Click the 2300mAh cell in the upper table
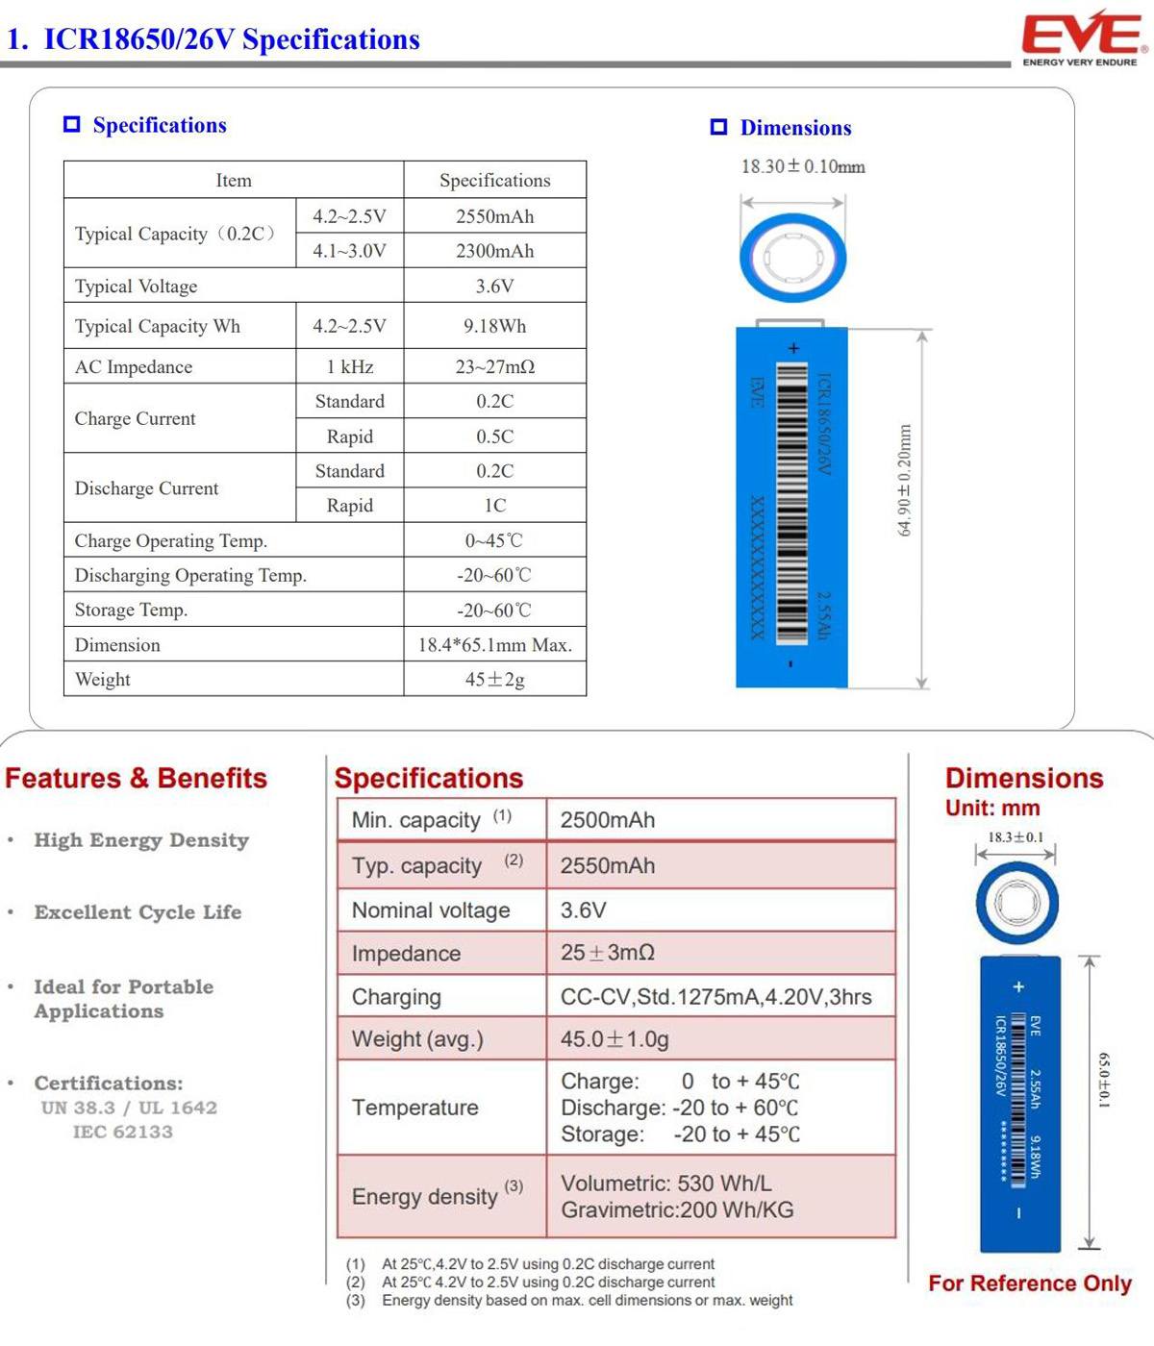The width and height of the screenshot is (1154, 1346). (x=494, y=251)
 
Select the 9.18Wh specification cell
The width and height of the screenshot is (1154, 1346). (x=494, y=326)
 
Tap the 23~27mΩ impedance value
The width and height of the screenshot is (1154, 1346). (x=494, y=366)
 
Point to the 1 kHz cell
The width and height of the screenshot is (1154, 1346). (x=349, y=366)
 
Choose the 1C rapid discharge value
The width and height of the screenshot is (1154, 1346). (x=494, y=506)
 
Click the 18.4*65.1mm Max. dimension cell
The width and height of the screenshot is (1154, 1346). (x=494, y=645)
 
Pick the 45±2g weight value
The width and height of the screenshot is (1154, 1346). (x=494, y=680)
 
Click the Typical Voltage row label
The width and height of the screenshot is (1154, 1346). (x=136, y=287)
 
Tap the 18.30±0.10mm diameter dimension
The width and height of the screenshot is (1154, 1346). (x=802, y=167)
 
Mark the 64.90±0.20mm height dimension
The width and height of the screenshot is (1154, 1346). (x=904, y=481)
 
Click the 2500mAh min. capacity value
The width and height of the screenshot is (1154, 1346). (x=608, y=820)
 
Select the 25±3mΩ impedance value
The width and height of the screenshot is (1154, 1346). (x=608, y=953)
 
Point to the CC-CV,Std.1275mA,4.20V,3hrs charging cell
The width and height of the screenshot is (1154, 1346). (x=715, y=997)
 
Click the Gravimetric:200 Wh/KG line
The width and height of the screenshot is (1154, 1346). (x=677, y=1210)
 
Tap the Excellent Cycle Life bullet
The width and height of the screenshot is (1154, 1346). (x=138, y=912)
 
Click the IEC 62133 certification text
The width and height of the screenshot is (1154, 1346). (x=123, y=1132)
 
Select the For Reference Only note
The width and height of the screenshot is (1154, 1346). (x=1029, y=1284)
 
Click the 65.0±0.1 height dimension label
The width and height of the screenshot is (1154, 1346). (x=1104, y=1080)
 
